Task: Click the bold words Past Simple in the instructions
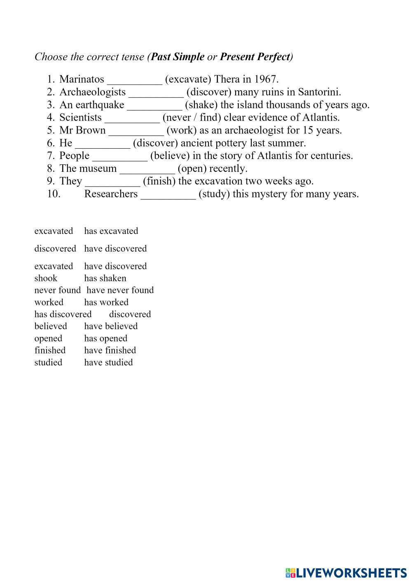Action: point(178,57)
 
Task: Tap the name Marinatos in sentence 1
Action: point(82,79)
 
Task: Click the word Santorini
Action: point(319,92)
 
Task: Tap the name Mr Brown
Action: point(82,130)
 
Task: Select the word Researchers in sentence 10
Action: point(111,194)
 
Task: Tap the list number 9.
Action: point(51,181)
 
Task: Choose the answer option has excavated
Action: point(111,231)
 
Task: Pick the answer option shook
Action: point(46,278)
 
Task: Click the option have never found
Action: point(120,290)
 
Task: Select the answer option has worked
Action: point(106,302)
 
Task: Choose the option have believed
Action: point(111,326)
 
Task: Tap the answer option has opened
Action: point(106,338)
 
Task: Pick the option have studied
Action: point(108,362)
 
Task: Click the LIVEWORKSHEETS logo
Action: point(346,573)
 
